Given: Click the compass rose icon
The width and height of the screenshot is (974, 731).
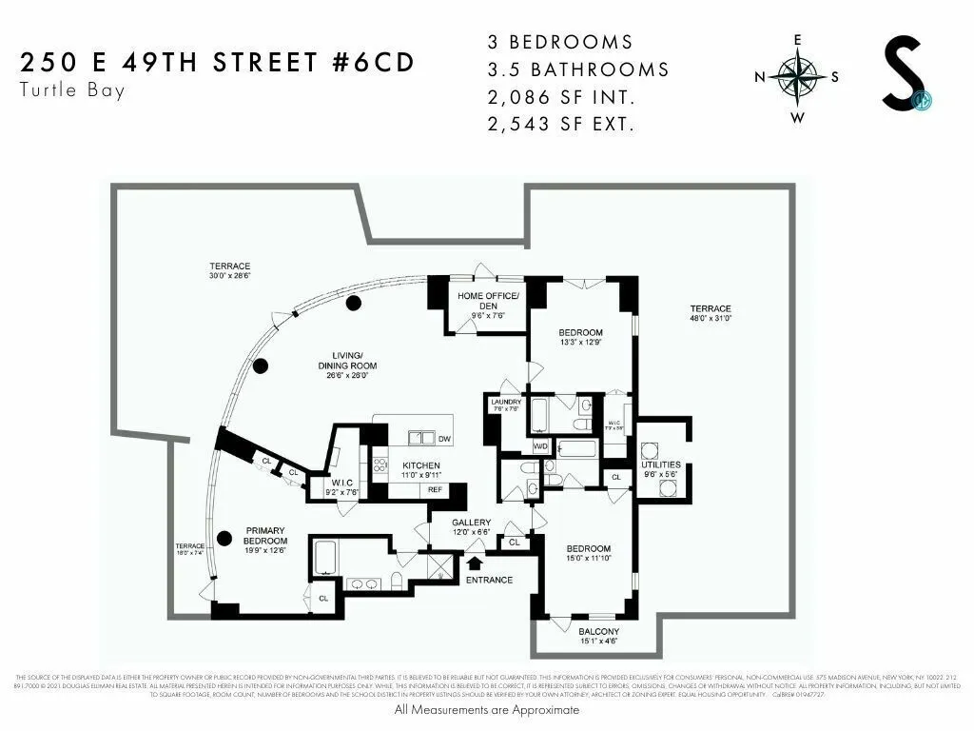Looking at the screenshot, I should pos(797,79).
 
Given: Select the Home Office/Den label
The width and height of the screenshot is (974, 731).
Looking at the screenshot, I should pos(485,301).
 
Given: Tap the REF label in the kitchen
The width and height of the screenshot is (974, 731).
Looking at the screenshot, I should pos(435,489).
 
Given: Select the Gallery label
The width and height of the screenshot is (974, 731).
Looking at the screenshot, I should pos(471,523).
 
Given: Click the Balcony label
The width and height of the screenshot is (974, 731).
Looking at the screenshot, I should pos(599,632).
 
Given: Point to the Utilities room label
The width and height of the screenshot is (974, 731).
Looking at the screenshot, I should pos(663,464).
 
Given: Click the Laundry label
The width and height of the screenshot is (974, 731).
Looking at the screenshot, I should pos(504,403).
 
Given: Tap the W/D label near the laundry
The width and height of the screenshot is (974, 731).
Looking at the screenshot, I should pos(540,445).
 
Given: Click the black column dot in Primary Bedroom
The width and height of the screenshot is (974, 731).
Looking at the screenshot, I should pos(224,538).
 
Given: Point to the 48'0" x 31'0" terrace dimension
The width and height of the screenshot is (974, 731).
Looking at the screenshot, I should pos(711,319).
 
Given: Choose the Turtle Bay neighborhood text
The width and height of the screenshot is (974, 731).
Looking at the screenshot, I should pos(71,91).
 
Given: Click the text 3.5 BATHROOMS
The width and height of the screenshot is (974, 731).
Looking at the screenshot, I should pos(577,69).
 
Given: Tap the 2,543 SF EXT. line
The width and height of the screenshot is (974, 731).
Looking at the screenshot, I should pos(560,123).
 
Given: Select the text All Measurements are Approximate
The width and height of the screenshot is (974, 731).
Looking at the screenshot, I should pos(486,710).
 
